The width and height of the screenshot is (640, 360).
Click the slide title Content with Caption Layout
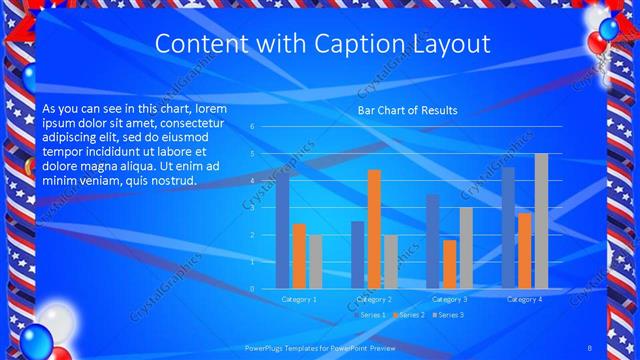point(323,44)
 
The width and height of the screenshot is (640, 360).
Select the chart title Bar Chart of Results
point(407,110)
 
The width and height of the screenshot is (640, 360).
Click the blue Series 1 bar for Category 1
point(282,232)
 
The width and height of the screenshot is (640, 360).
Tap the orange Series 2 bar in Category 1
point(299,256)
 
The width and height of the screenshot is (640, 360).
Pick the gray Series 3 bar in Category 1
point(315,262)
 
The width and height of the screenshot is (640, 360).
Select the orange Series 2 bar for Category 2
point(374,229)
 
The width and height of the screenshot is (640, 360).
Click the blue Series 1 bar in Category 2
point(358,255)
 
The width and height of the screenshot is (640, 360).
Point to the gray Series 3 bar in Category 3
point(466,248)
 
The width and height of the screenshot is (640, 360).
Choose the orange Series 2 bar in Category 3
point(450,264)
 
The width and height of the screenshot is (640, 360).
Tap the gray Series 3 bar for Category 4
point(541,221)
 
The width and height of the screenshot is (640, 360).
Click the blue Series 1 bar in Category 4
point(508,228)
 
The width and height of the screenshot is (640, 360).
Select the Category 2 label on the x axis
point(374,299)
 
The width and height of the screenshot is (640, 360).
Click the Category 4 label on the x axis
point(525,299)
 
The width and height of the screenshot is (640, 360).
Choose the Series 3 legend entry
point(448,315)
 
